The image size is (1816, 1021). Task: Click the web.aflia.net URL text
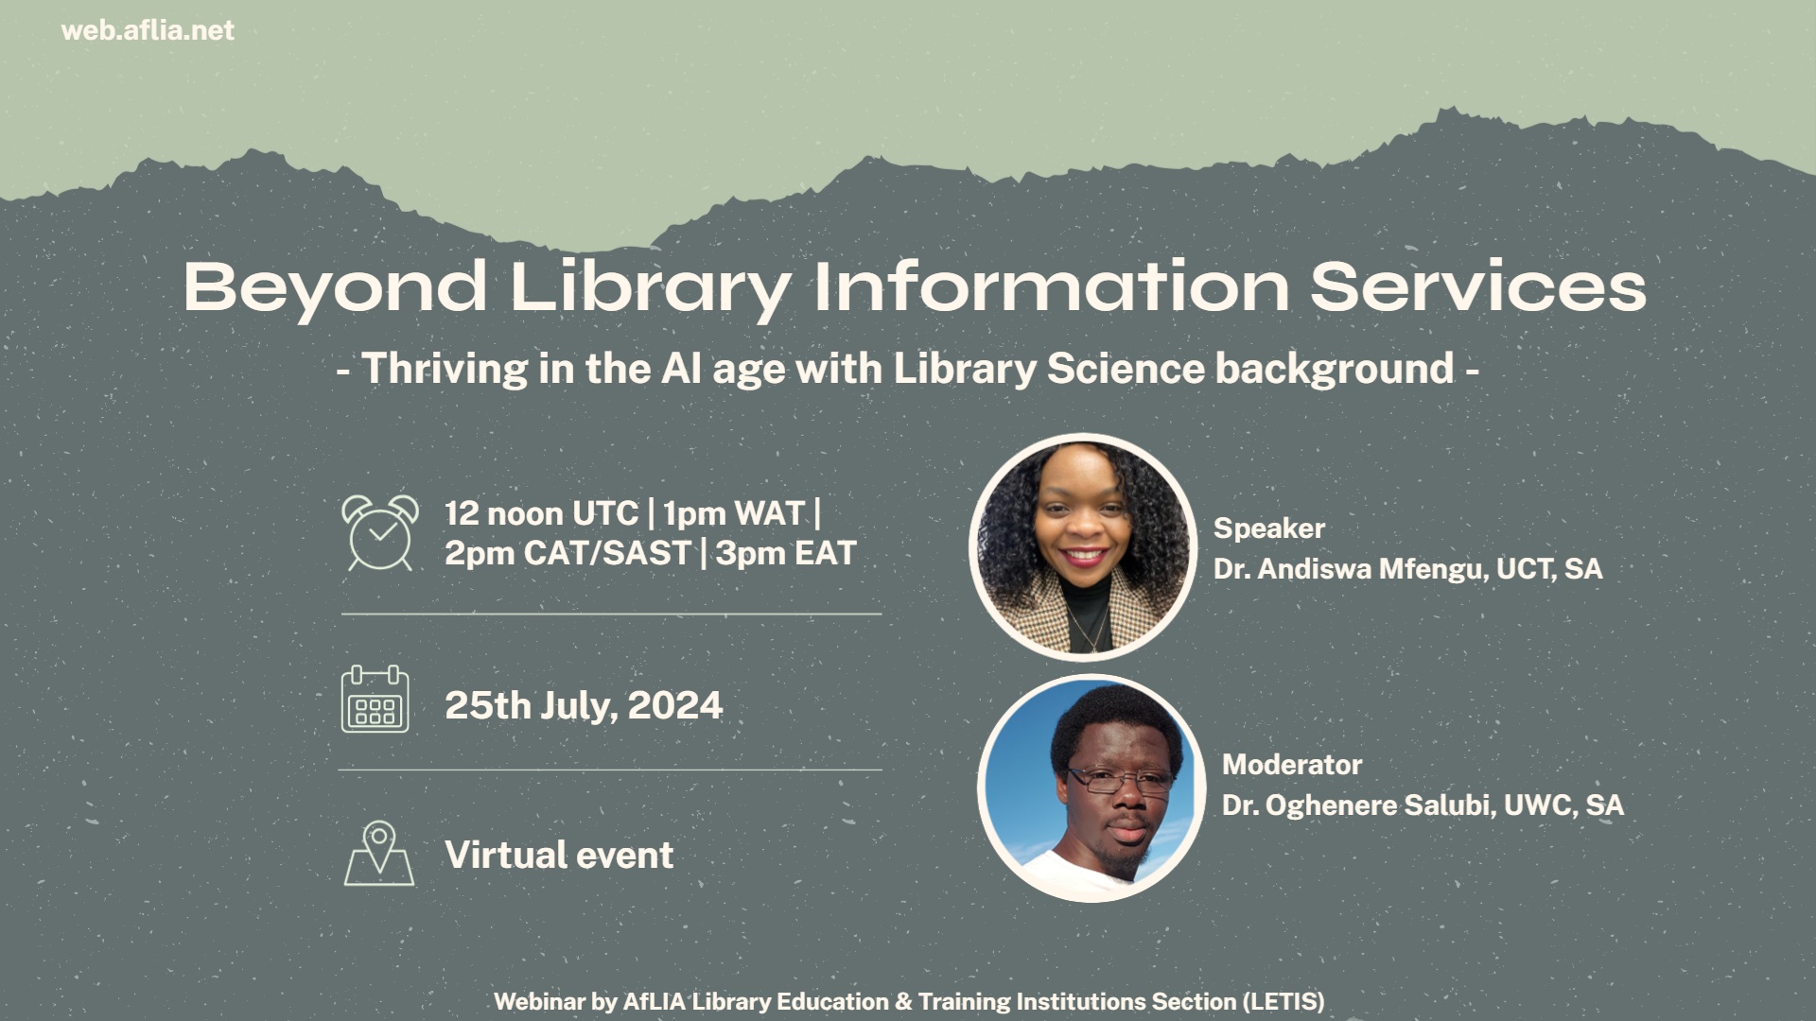148,31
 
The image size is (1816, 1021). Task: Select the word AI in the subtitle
681,369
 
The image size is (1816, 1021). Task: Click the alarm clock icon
379,533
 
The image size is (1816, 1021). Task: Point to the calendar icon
375,701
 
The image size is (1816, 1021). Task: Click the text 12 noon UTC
541,513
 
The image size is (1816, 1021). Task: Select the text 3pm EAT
786,554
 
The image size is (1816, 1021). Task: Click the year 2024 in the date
675,706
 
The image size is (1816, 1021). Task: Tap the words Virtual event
559,856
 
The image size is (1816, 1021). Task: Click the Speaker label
1268,528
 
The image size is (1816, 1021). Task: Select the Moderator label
1291,765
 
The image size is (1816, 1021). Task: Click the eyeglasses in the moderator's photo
1119,781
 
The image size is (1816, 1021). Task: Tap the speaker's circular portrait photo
1082,546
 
